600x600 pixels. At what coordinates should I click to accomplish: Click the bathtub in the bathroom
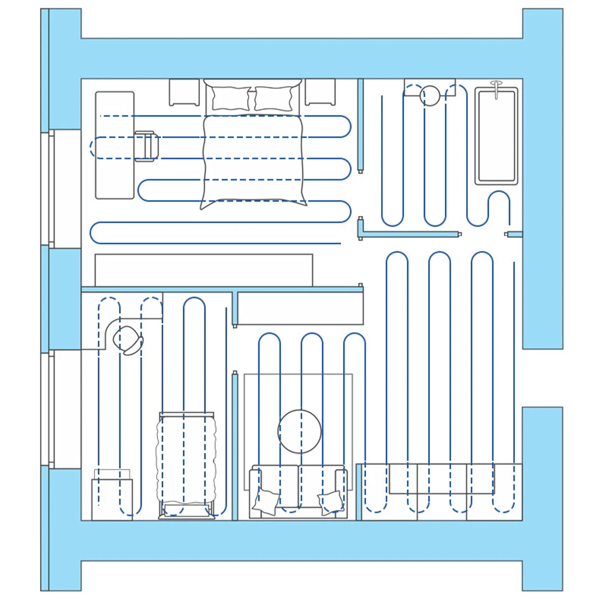[496, 136]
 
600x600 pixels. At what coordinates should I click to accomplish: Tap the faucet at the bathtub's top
[496, 85]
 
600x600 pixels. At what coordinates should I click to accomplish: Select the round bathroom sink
[429, 96]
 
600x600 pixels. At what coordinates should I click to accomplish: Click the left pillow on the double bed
[231, 98]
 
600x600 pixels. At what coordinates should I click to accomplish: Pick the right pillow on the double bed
[273, 98]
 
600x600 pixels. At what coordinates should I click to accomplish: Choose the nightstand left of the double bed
[184, 92]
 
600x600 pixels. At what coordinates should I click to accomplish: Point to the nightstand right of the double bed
[320, 92]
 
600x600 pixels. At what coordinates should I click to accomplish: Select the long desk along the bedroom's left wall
[114, 145]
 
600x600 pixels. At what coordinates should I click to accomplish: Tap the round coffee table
[299, 432]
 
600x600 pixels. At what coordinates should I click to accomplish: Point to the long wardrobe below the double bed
[203, 270]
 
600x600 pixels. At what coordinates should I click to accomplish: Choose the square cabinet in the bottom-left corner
[112, 499]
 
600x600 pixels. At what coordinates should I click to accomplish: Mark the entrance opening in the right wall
[542, 378]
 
